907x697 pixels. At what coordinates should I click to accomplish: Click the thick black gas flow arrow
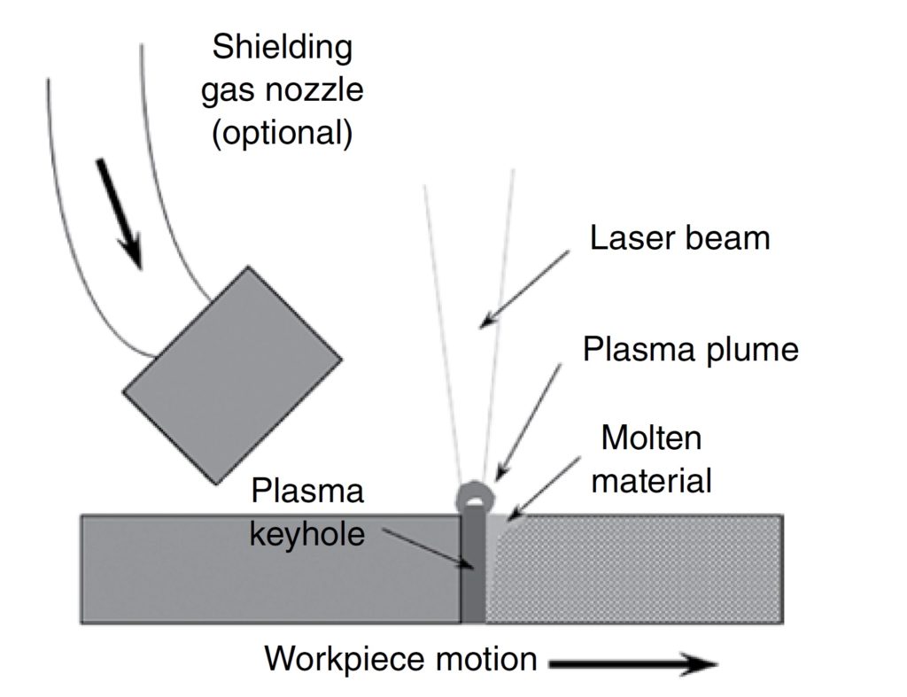pos(119,213)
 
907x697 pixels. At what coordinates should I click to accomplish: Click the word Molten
pos(651,438)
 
